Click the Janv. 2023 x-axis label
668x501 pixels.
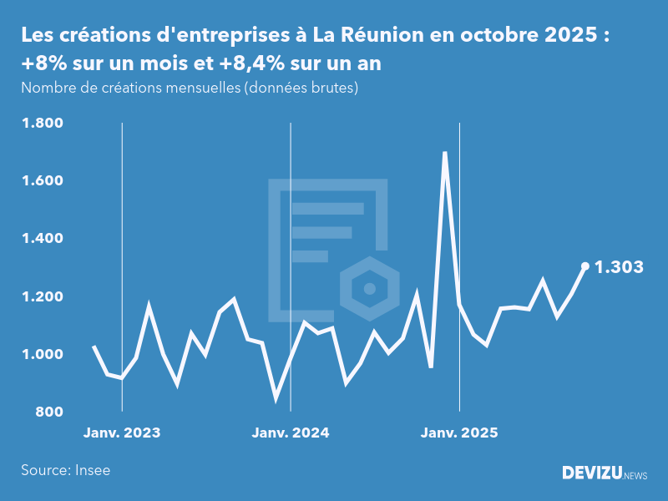click(x=122, y=433)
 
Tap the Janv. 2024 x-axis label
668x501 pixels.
click(x=291, y=433)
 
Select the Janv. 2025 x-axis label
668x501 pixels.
click(x=459, y=433)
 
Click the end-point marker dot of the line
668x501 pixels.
click(x=584, y=266)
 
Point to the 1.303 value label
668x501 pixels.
click(x=619, y=267)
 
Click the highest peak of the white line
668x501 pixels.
click(x=445, y=154)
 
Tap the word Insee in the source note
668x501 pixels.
click(x=92, y=470)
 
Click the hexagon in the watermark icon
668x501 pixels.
click(x=368, y=289)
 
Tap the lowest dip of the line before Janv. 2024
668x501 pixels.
click(x=276, y=397)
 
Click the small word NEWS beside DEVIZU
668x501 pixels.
click(x=635, y=475)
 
